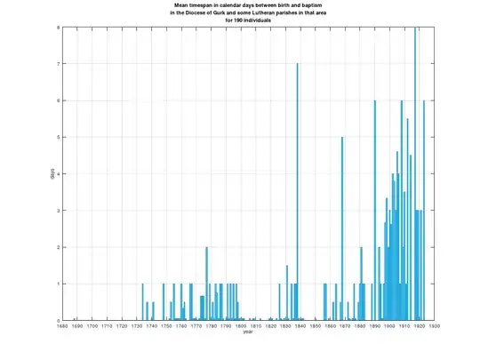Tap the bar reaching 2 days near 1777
(x=206, y=284)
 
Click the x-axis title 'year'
(x=248, y=333)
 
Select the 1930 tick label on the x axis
(x=434, y=326)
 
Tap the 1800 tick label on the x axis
(x=241, y=326)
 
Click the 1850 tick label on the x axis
(x=315, y=326)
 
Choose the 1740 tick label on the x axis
(x=151, y=326)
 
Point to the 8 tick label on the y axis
(x=58, y=28)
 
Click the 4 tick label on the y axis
(x=58, y=174)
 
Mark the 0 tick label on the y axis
(x=58, y=320)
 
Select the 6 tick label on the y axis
(x=58, y=100)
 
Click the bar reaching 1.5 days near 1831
(x=287, y=293)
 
